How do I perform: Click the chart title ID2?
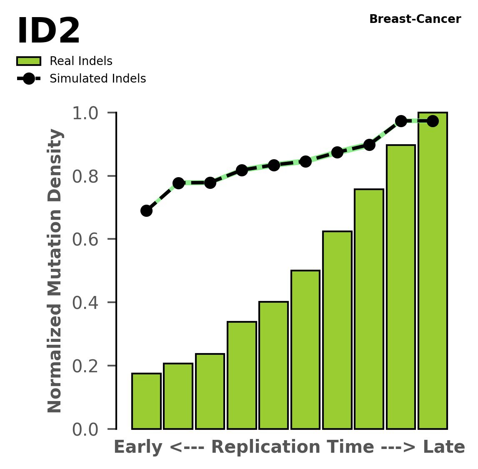coord(48,32)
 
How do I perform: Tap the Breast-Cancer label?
coord(415,19)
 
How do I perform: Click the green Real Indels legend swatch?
coord(29,61)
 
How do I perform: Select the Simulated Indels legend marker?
coord(29,79)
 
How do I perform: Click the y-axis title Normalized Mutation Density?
coord(55,271)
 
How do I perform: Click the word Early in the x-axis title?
coord(138,447)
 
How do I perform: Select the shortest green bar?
coord(146,401)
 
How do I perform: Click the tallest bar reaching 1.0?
coord(433,271)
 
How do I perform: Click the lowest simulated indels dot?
coord(146,211)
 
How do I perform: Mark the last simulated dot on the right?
coord(433,121)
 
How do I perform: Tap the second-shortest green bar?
coord(178,396)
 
